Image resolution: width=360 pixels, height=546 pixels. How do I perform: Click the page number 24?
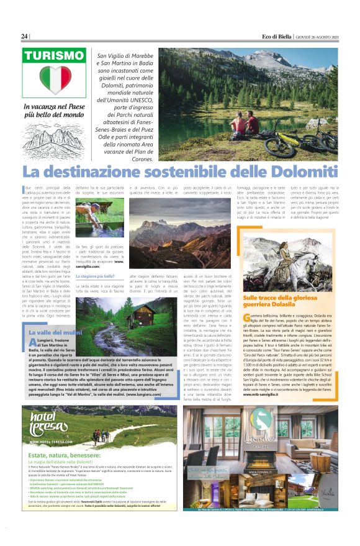coord(25,35)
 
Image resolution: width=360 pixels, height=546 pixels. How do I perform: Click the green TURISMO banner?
coord(54,55)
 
